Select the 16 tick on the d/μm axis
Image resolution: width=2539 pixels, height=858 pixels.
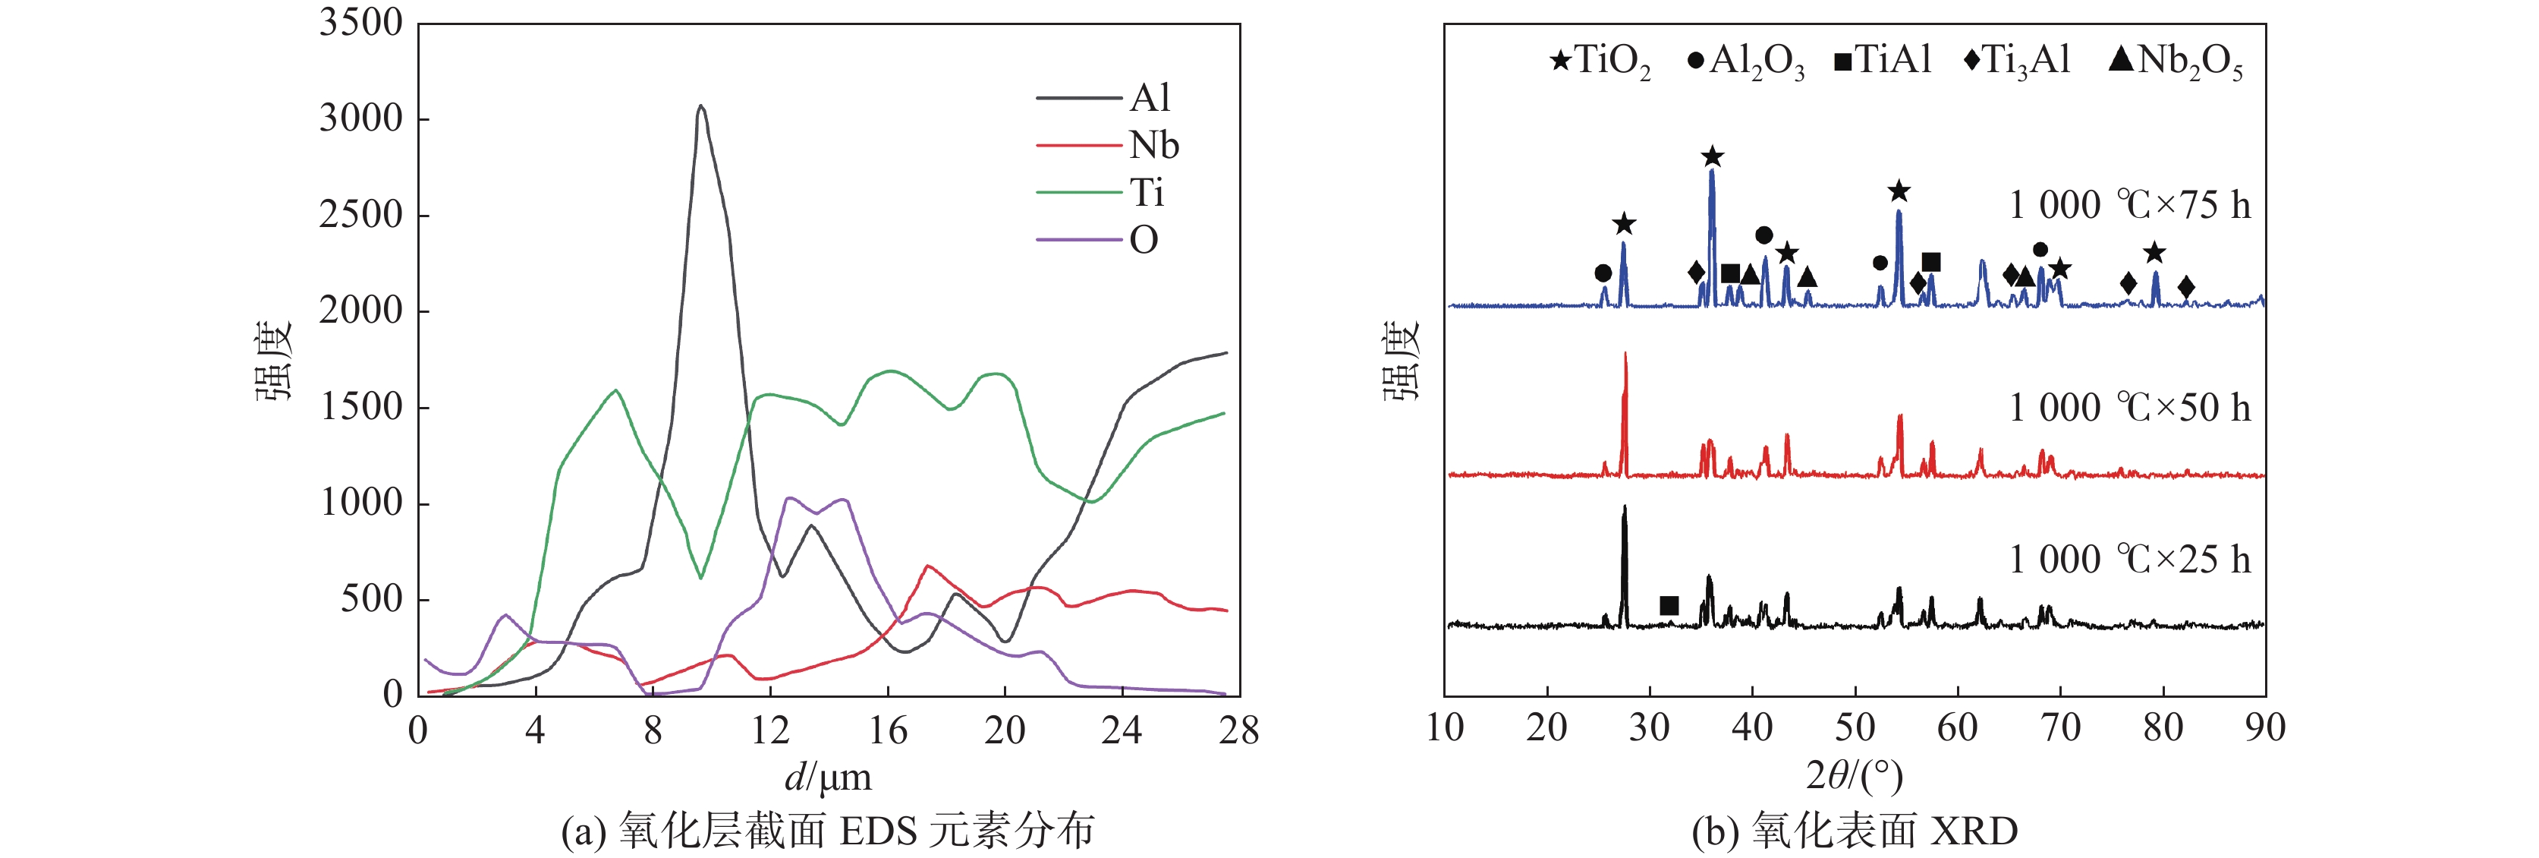click(x=887, y=730)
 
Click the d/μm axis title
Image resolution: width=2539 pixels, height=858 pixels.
click(x=828, y=777)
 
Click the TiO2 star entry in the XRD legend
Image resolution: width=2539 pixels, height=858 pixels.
click(x=1599, y=62)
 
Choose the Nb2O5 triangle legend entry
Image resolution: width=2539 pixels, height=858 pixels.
click(x=2174, y=62)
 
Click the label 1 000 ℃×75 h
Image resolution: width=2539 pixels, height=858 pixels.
click(x=2129, y=205)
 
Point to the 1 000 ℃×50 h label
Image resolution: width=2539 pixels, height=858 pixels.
click(x=2129, y=407)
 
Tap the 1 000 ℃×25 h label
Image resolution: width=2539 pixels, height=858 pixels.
click(x=2129, y=560)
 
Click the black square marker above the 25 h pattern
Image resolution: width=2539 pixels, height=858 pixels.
click(x=1669, y=605)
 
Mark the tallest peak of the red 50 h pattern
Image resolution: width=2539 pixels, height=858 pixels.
click(x=1625, y=355)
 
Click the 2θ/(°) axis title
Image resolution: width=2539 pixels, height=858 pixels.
click(x=1854, y=776)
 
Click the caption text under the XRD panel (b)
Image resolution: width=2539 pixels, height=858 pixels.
click(x=1854, y=831)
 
